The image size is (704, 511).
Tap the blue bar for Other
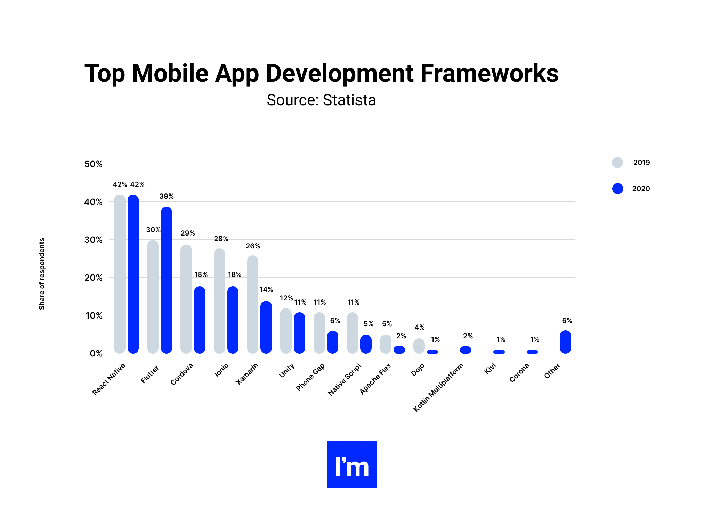coord(565,342)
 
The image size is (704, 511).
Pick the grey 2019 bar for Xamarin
coord(253,304)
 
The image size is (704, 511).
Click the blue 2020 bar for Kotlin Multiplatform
coord(466,350)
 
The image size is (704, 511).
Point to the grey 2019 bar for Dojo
coord(419,346)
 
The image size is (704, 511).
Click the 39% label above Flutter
coord(167,196)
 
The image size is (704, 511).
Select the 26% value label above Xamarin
coord(253,246)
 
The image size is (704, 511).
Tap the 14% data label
coord(266,289)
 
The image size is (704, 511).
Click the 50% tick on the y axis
coord(93,164)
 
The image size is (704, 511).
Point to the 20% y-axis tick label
coord(93,278)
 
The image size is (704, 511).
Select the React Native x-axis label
coord(108,379)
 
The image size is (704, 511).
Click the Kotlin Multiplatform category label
coord(438,387)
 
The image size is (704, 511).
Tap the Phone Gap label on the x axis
coord(310,377)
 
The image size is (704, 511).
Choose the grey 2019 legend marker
coord(617,163)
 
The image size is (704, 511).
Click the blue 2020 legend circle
coord(617,189)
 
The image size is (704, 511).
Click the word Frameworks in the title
coord(489,73)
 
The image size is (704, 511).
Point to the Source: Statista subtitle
coord(321,100)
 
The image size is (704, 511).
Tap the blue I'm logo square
coord(352,464)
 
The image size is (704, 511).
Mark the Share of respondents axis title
coord(42,274)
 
